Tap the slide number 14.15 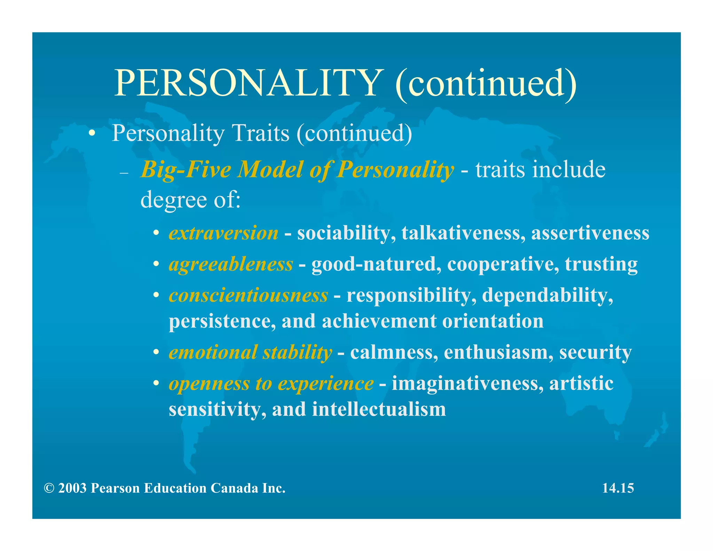(618, 488)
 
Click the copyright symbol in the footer (49, 488)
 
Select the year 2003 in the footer (72, 488)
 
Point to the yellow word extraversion (224, 233)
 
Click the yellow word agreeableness (231, 264)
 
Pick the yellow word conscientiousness (248, 295)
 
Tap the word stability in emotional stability (297, 352)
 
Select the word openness (209, 383)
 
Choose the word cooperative (503, 264)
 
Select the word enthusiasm (499, 352)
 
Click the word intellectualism (379, 409)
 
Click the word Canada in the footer (234, 488)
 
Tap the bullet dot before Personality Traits (92, 133)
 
